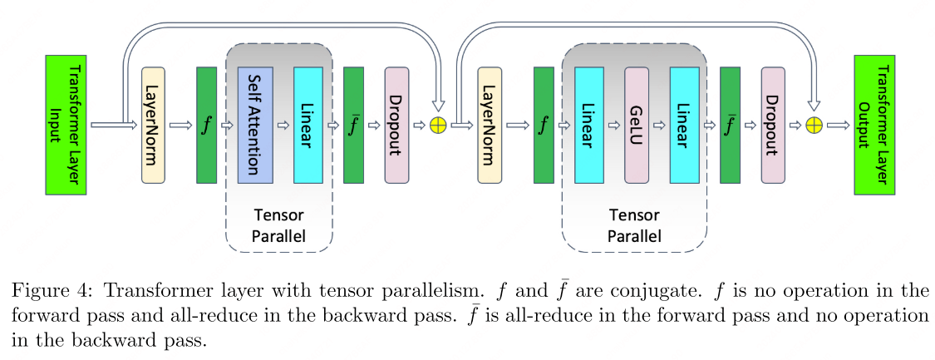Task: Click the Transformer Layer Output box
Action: pyautogui.click(x=874, y=126)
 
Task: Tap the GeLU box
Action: pyautogui.click(x=636, y=125)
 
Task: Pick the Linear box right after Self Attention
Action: pyautogui.click(x=308, y=125)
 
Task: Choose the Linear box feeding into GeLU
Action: pyautogui.click(x=588, y=125)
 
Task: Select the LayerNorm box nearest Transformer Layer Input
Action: pyautogui.click(x=154, y=125)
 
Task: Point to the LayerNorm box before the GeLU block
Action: pyautogui.click(x=490, y=125)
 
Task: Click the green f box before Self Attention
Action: pyautogui.click(x=206, y=125)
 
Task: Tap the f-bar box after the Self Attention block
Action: pyautogui.click(x=353, y=125)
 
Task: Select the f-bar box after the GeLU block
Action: pyautogui.click(x=731, y=125)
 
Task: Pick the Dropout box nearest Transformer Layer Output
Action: pyautogui.click(x=773, y=125)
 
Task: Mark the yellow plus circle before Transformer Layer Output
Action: pyautogui.click(x=814, y=126)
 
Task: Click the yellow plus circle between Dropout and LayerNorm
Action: pyautogui.click(x=437, y=126)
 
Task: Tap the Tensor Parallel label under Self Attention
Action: pyautogui.click(x=278, y=225)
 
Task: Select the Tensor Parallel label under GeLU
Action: pyautogui.click(x=634, y=225)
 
